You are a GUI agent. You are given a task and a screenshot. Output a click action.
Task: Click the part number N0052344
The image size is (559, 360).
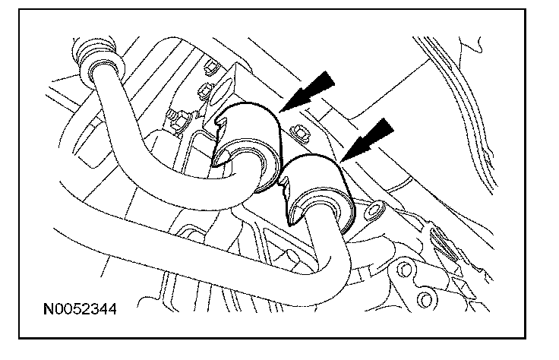(x=75, y=311)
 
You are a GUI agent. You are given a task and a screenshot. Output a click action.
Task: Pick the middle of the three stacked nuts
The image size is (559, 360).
(x=204, y=92)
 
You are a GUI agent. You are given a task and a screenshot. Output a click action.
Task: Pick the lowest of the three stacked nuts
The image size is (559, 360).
(x=180, y=116)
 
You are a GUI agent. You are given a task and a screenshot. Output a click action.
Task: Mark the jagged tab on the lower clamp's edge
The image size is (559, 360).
(x=287, y=199)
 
